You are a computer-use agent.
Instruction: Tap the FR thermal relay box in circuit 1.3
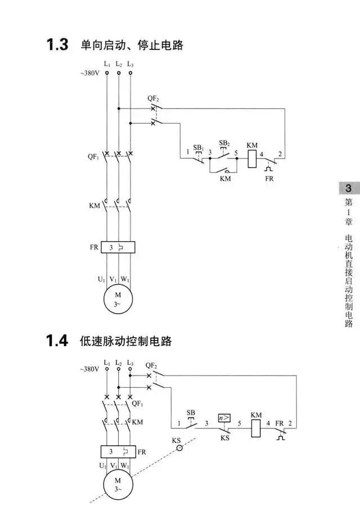click(x=118, y=247)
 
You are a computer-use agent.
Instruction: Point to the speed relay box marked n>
click(x=224, y=418)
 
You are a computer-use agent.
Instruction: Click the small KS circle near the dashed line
click(x=179, y=448)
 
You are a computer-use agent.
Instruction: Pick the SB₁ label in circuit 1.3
click(x=198, y=147)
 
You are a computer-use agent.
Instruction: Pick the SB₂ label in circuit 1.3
click(x=224, y=143)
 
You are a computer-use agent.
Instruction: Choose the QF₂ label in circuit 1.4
click(x=151, y=365)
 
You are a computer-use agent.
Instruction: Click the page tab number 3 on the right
click(x=348, y=189)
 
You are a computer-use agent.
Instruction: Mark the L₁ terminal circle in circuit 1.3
click(x=106, y=73)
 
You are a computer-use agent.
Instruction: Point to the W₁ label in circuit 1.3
click(x=125, y=279)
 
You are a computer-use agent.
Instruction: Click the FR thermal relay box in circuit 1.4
click(x=118, y=451)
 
